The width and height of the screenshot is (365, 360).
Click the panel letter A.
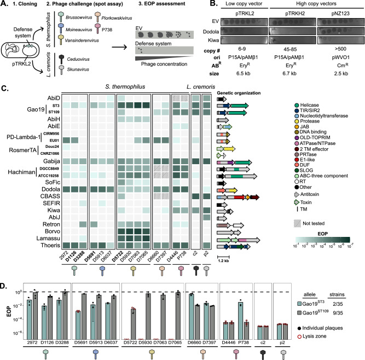point(4,4)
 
